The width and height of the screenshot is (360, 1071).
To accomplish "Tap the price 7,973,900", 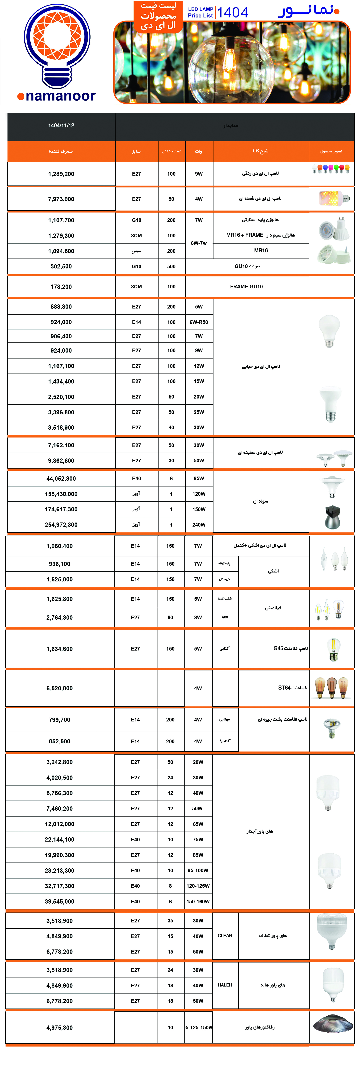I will coord(61,199).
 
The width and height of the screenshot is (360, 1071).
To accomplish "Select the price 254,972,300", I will coord(61,525).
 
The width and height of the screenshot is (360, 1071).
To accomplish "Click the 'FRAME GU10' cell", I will coord(246,287).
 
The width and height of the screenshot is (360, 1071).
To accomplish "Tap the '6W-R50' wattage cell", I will coord(199,322).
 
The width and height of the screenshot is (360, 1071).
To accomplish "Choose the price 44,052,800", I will coord(61,479).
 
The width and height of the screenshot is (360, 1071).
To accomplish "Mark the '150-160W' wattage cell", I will coord(198,901).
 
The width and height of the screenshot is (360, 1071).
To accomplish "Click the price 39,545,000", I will coord(60,901).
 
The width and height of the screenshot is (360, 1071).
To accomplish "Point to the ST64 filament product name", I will coord(292,688).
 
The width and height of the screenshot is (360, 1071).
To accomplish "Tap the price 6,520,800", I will coord(60,688).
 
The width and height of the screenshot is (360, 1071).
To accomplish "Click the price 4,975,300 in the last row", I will coord(60,1027).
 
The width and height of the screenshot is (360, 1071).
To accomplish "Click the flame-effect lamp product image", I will coord(331,198).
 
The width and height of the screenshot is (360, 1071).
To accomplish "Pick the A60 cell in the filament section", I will coord(225,617).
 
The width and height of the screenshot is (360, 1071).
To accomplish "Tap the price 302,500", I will coord(61,266).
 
